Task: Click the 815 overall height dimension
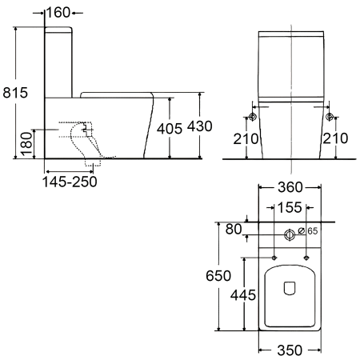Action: point(15,93)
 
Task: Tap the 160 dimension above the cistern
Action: point(58,13)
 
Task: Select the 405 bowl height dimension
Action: point(170,129)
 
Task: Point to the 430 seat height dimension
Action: point(200,126)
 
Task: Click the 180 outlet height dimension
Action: point(26,144)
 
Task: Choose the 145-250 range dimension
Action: point(70,182)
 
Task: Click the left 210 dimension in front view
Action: point(246,138)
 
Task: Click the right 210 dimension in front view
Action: point(335,138)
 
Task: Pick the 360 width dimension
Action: point(290,187)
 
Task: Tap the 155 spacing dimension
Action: point(290,207)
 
